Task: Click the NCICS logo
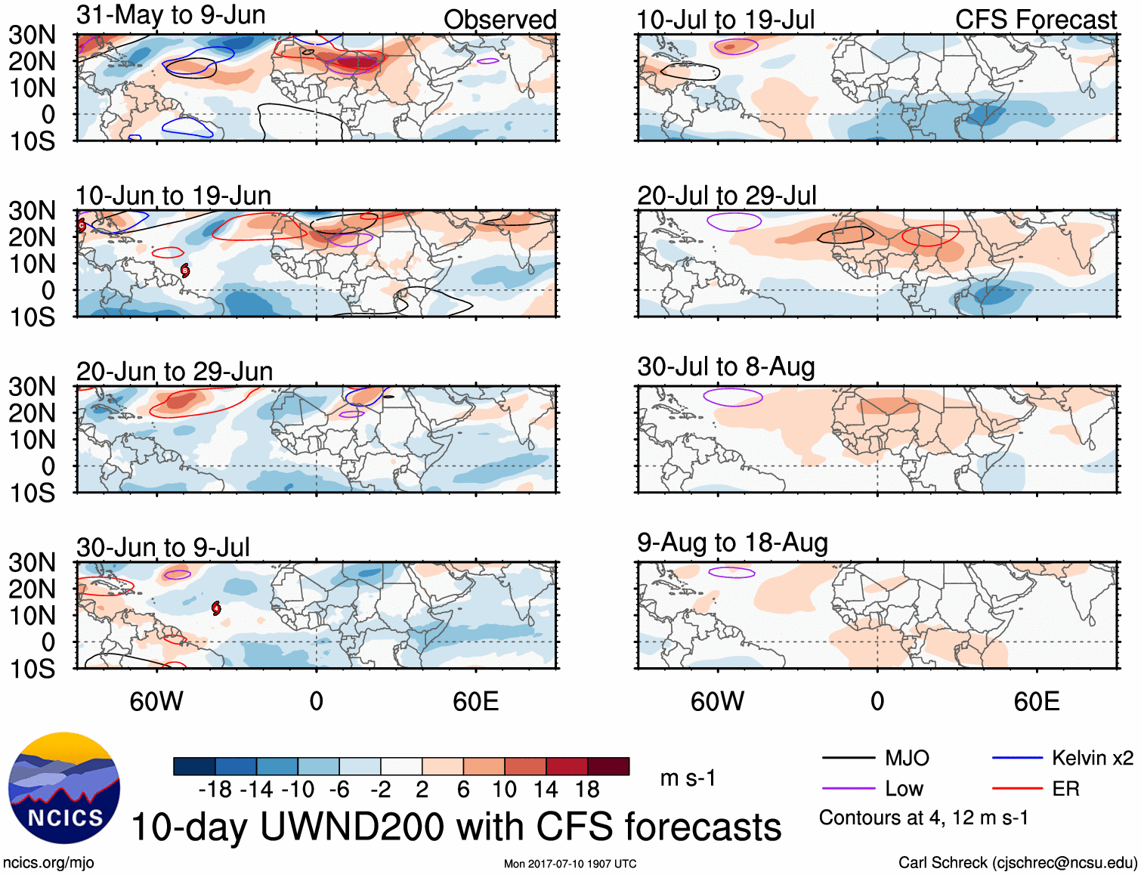coord(64,788)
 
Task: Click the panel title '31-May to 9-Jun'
coord(171,15)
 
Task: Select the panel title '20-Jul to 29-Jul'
coord(727,196)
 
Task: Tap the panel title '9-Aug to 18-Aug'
coord(732,543)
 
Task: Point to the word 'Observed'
coord(500,20)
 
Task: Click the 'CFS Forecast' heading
coord(1035,20)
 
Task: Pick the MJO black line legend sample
coord(848,758)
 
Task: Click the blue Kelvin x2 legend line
coord(1017,758)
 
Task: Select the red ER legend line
coord(1017,789)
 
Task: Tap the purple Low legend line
coord(848,789)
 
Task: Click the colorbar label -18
coord(215,790)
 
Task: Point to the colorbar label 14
coord(546,790)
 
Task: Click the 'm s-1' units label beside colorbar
coord(688,778)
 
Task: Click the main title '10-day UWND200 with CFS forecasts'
coord(456,827)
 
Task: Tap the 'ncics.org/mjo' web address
coord(48,863)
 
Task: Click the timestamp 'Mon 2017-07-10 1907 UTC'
coord(570,864)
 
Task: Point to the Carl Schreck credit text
coord(1017,863)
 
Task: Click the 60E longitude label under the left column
coord(476,701)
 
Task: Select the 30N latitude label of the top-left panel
coord(32,35)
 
